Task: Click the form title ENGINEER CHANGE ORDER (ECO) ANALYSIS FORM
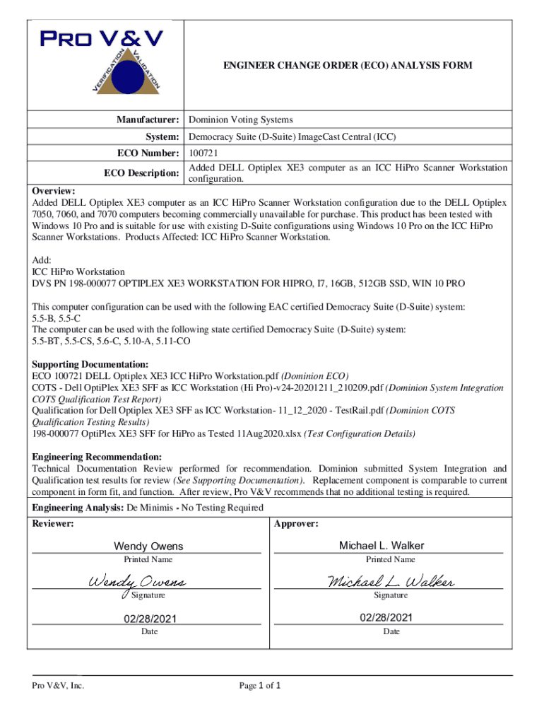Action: [x=348, y=66]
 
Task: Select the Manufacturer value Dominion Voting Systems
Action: [x=240, y=120]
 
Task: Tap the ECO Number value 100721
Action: [x=203, y=153]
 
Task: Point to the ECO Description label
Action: [x=141, y=173]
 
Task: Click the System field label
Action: [x=160, y=136]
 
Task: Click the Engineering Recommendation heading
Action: [x=97, y=457]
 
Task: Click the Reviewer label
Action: [x=53, y=524]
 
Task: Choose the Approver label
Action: [x=295, y=524]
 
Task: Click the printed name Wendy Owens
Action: [x=148, y=546]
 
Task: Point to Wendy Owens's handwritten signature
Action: [x=137, y=582]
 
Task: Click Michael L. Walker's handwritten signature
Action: [x=390, y=581]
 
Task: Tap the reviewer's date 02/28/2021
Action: [x=148, y=619]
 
